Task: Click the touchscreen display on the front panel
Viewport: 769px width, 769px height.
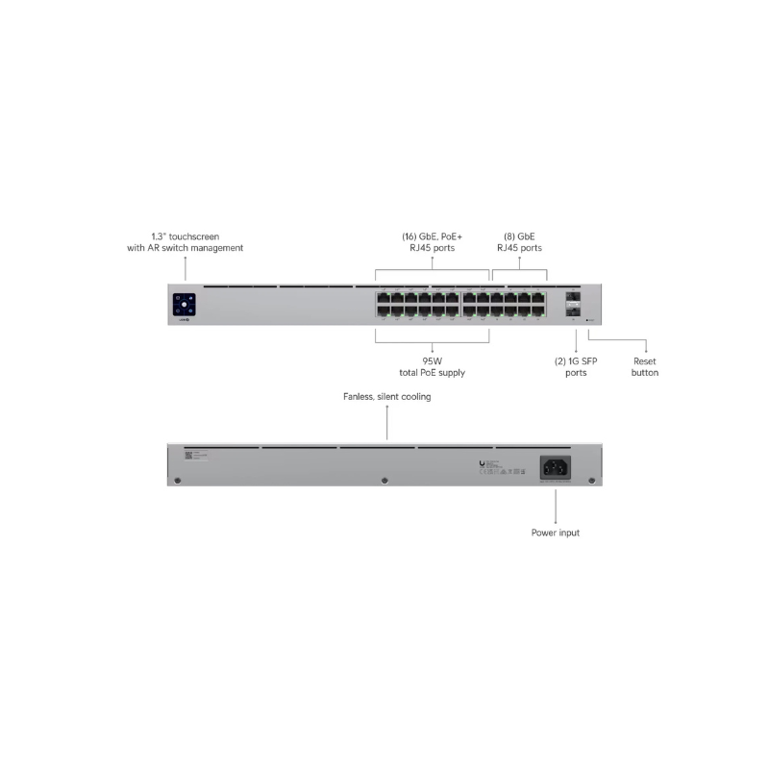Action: click(x=185, y=304)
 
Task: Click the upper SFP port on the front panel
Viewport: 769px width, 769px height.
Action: click(x=574, y=298)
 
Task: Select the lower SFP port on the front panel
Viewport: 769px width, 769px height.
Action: click(x=574, y=311)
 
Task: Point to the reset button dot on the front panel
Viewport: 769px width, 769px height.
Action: click(x=587, y=320)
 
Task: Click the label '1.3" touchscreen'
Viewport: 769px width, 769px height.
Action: click(x=185, y=236)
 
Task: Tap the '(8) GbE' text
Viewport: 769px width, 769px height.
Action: click(x=520, y=236)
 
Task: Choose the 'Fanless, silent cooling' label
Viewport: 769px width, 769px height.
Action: click(x=387, y=396)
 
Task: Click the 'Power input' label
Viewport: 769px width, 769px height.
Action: click(x=556, y=532)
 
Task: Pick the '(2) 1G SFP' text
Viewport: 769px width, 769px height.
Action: click(x=576, y=360)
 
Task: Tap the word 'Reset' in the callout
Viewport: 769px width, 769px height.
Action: click(x=645, y=360)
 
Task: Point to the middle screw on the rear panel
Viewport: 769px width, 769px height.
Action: click(x=384, y=480)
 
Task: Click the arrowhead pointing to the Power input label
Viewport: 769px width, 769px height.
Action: click(x=556, y=520)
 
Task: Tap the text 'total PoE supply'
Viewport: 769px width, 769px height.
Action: click(x=431, y=372)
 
